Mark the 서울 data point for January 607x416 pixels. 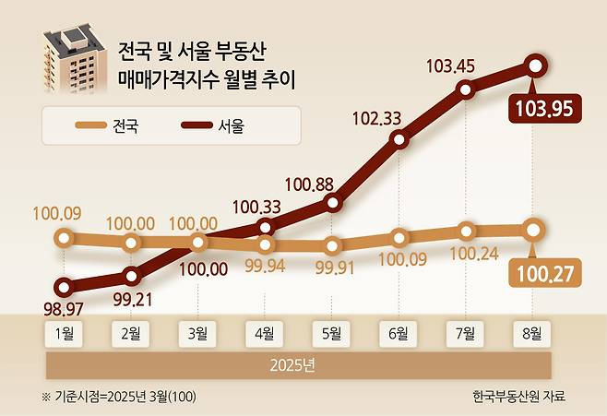pyautogui.click(x=64, y=287)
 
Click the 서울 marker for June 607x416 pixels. pyautogui.click(x=399, y=139)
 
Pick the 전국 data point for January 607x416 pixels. pyautogui.click(x=64, y=238)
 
